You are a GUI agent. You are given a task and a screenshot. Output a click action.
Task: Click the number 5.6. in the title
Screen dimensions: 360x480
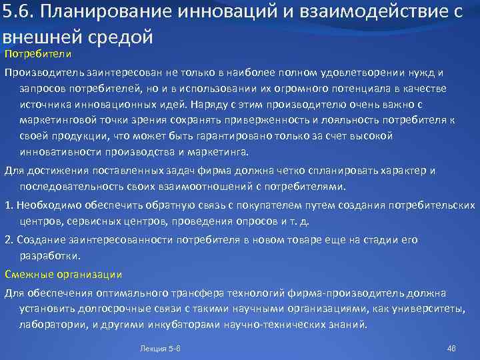click(x=19, y=12)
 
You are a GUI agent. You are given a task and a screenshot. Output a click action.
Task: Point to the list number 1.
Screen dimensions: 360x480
click(x=9, y=205)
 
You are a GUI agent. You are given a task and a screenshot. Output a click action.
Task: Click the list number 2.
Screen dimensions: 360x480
click(x=9, y=239)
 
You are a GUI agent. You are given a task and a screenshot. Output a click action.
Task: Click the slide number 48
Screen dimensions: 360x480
click(x=450, y=349)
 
